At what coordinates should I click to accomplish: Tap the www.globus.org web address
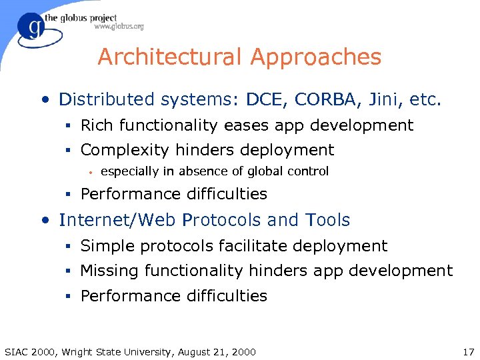pyautogui.click(x=119, y=27)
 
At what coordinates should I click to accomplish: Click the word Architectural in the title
pyautogui.click(x=169, y=57)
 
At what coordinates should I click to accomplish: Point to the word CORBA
pyautogui.click(x=322, y=100)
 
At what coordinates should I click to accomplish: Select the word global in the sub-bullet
pyautogui.click(x=265, y=171)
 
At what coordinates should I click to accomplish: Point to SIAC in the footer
pyautogui.click(x=19, y=351)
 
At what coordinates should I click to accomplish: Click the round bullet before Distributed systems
pyautogui.click(x=45, y=101)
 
